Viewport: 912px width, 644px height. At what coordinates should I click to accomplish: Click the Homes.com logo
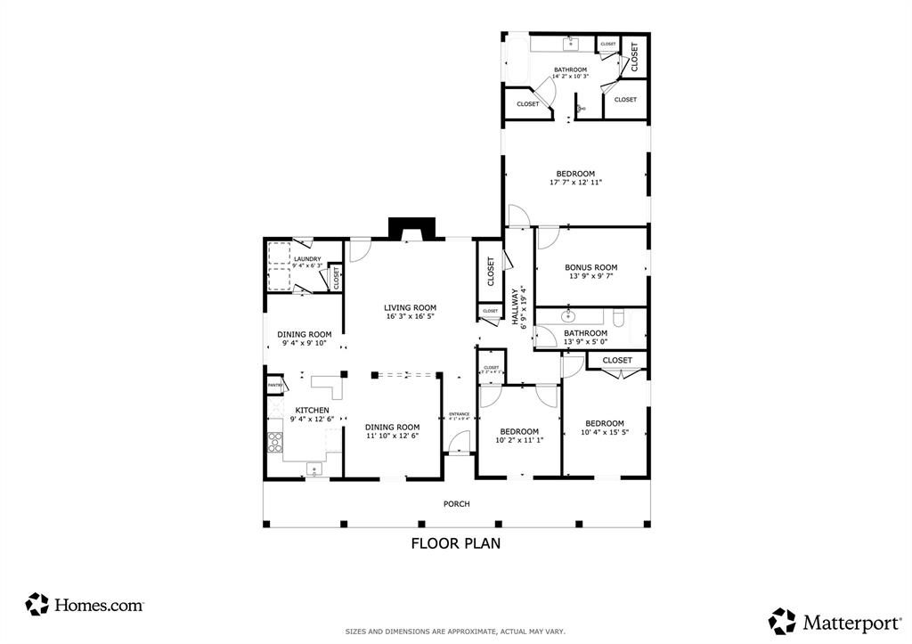click(85, 605)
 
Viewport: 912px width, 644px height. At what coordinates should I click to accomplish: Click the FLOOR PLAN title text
click(455, 542)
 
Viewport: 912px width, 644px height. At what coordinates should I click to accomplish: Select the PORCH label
click(456, 504)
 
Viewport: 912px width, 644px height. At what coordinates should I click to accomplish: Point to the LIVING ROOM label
click(411, 307)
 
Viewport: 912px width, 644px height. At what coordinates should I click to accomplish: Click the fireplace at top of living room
click(413, 230)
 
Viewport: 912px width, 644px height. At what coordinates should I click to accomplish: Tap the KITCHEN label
click(312, 411)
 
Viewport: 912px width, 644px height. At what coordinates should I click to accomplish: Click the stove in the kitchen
click(276, 443)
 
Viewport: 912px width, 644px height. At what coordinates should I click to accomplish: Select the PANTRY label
click(275, 386)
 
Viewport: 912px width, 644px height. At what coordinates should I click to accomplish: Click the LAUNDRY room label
click(306, 259)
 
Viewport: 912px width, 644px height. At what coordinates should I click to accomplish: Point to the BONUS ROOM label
click(590, 267)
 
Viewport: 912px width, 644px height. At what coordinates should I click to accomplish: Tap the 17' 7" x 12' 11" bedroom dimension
click(575, 183)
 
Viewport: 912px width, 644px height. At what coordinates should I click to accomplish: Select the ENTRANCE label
click(459, 414)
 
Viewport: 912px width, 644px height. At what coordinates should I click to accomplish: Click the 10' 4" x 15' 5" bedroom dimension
click(604, 433)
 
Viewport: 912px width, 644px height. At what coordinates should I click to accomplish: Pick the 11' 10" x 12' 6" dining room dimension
click(392, 436)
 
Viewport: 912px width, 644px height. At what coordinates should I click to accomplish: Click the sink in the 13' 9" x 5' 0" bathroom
click(566, 315)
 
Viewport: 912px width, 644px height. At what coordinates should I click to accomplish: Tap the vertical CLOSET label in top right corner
click(635, 57)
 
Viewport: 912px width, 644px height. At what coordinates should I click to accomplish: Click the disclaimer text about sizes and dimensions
click(455, 632)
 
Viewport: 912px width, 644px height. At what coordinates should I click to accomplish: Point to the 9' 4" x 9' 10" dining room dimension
click(305, 343)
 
